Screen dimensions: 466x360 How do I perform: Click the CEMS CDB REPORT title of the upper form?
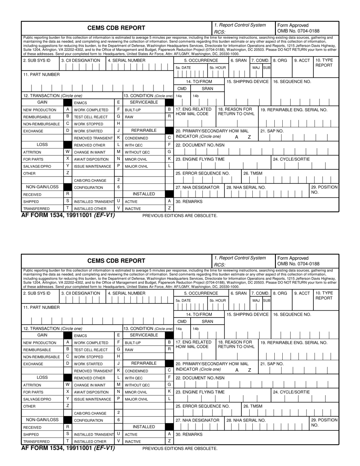[116, 28]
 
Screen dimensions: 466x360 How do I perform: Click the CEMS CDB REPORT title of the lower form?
[116, 261]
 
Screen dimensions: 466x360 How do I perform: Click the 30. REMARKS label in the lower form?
[189, 434]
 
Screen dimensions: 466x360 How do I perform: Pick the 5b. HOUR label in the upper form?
[218, 67]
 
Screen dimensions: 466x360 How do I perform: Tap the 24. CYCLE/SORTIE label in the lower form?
[291, 392]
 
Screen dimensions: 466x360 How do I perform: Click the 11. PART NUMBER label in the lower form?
[41, 307]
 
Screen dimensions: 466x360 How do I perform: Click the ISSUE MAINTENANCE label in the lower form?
[92, 399]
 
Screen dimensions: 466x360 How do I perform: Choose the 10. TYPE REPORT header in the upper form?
[323, 63]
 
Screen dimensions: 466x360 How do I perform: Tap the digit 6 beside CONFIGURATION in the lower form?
[119, 420]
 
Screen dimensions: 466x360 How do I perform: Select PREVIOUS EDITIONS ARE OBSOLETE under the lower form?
[180, 448]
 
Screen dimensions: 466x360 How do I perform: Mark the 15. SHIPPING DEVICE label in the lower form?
[247, 314]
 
